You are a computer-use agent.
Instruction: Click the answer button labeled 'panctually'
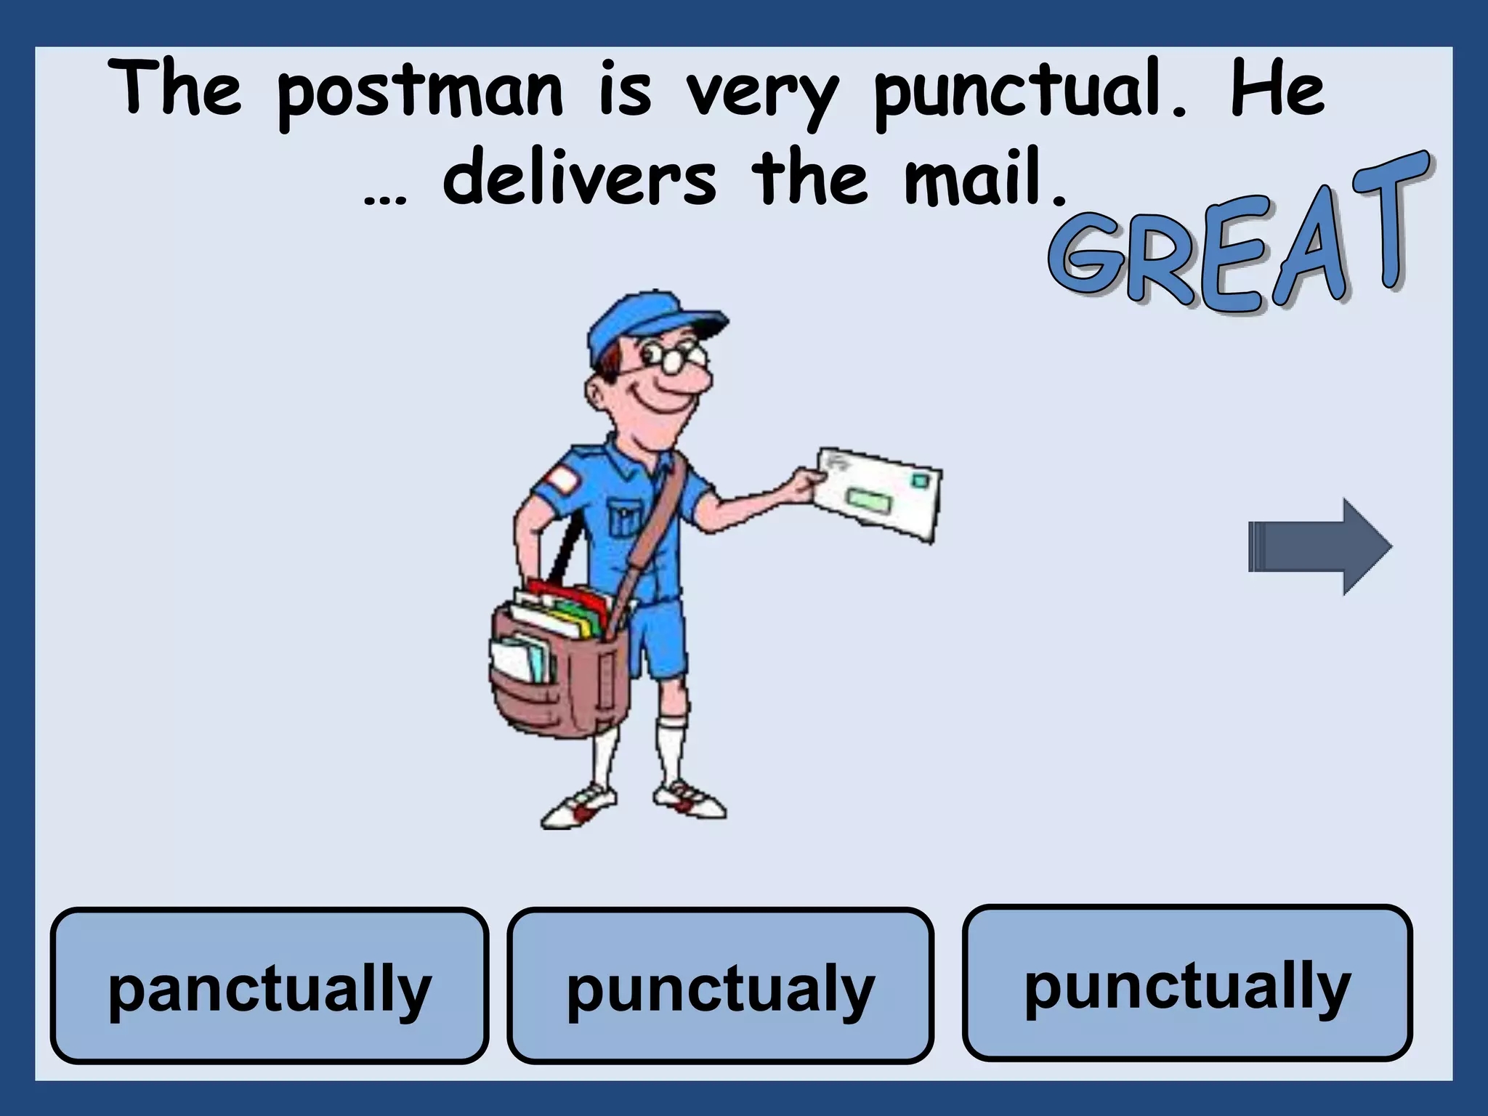269,986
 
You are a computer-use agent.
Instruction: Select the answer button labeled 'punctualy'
720,986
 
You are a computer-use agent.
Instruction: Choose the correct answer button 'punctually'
1187,982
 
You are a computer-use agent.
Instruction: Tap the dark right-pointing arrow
1319,546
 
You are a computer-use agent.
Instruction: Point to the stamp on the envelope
919,480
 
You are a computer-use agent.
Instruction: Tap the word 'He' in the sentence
1277,92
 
